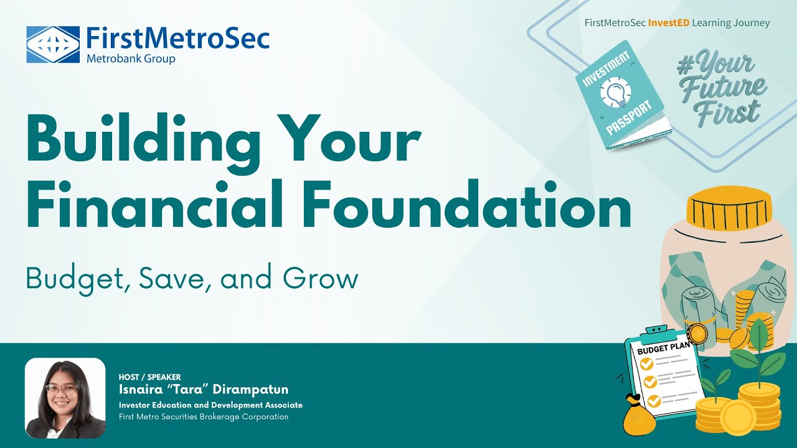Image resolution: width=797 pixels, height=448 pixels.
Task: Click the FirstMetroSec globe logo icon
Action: click(53, 44)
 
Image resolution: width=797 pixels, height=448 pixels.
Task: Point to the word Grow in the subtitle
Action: click(320, 279)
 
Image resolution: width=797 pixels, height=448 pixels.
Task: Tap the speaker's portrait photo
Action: click(65, 398)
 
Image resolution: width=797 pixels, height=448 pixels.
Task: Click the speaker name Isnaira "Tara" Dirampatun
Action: click(204, 390)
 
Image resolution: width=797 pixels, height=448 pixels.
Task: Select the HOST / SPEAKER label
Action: click(149, 377)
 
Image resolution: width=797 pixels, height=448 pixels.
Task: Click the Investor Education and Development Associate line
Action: click(210, 405)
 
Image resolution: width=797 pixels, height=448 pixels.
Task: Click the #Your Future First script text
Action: click(722, 90)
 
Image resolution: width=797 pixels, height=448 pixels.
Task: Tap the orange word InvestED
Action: click(669, 23)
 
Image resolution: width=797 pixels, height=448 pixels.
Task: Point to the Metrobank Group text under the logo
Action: click(131, 59)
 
